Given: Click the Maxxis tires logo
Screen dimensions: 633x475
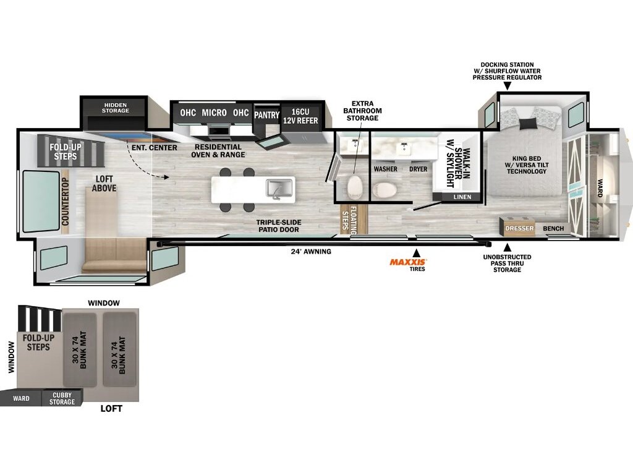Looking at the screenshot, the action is click(x=408, y=262).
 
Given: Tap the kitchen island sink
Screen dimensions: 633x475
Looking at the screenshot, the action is click(x=279, y=189).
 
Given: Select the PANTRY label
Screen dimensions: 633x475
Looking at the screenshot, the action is click(x=266, y=115).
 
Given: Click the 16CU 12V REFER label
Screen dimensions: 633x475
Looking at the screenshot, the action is click(x=300, y=116).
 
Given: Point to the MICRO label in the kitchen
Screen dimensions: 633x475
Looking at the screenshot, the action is click(x=214, y=113).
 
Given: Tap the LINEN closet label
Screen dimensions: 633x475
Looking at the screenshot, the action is click(x=462, y=197).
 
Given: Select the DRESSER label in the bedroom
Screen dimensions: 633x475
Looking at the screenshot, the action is click(x=519, y=228).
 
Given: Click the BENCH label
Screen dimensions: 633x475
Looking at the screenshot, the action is click(x=553, y=228).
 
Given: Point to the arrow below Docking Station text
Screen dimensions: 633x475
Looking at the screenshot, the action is click(x=508, y=86).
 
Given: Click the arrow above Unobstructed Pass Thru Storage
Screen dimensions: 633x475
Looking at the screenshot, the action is click(x=508, y=247).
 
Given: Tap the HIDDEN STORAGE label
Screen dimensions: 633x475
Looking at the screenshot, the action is click(x=116, y=108).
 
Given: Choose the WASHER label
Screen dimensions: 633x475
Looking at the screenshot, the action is click(x=386, y=169).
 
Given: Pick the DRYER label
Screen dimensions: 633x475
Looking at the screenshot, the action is click(x=418, y=169).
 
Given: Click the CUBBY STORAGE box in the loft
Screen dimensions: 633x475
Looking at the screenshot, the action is click(x=62, y=398).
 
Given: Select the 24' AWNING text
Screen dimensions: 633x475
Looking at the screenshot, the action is click(x=311, y=251).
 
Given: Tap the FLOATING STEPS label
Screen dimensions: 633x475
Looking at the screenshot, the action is click(x=349, y=220).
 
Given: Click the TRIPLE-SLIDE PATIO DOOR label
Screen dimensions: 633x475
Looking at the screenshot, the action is click(x=279, y=226).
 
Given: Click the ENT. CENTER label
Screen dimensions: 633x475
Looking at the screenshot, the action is click(x=154, y=148).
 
